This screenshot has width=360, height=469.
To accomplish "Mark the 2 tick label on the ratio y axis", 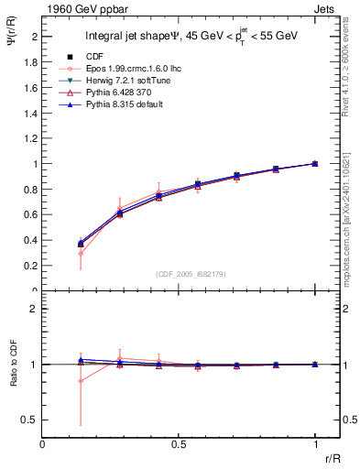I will (x=33, y=309).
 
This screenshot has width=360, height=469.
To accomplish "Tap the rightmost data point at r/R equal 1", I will (x=315, y=163).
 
